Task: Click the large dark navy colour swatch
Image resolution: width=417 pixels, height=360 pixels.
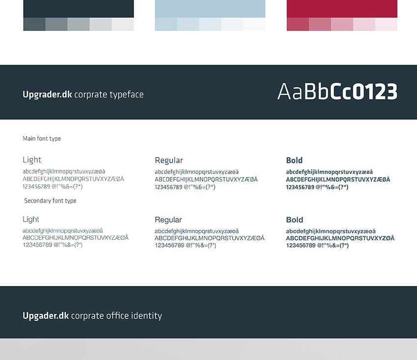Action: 78,9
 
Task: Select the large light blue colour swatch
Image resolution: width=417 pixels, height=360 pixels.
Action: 210,9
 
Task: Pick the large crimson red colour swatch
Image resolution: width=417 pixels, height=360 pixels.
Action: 342,9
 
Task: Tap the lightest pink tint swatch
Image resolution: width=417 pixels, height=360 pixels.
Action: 386,24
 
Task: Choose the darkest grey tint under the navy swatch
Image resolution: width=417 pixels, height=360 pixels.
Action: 34,24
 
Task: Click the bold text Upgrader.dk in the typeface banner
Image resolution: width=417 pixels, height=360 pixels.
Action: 47,95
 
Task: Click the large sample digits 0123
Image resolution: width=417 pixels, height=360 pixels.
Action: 376,91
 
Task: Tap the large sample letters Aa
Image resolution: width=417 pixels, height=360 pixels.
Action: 289,91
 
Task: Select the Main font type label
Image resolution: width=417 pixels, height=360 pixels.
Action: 42,138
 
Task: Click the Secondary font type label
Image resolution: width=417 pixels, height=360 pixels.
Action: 50,201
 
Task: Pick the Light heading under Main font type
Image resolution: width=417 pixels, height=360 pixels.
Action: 32,160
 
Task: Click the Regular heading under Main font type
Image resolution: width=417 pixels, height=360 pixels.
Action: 169,160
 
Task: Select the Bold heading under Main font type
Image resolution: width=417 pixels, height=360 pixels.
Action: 294,160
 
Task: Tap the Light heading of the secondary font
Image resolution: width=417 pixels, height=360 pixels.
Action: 31,219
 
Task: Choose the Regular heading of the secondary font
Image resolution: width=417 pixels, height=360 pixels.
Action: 168,220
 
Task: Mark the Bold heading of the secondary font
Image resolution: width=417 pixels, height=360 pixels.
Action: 295,220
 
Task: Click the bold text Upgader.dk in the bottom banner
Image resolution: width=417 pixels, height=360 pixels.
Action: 46,316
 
